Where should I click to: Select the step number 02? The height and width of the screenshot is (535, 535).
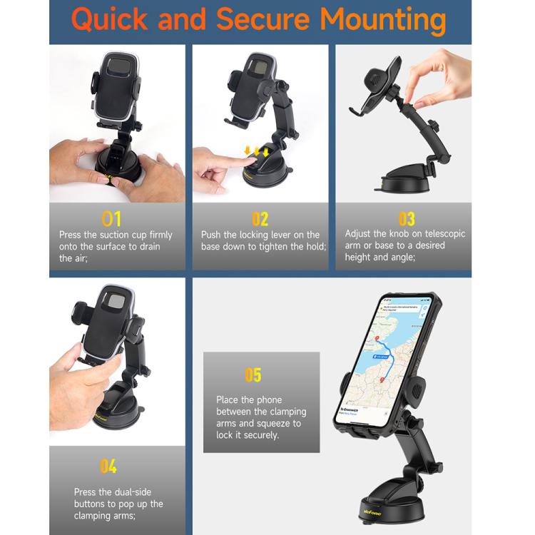[260, 218]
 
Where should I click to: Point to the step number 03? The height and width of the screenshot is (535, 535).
[406, 218]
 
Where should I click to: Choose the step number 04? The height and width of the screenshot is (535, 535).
[108, 467]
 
